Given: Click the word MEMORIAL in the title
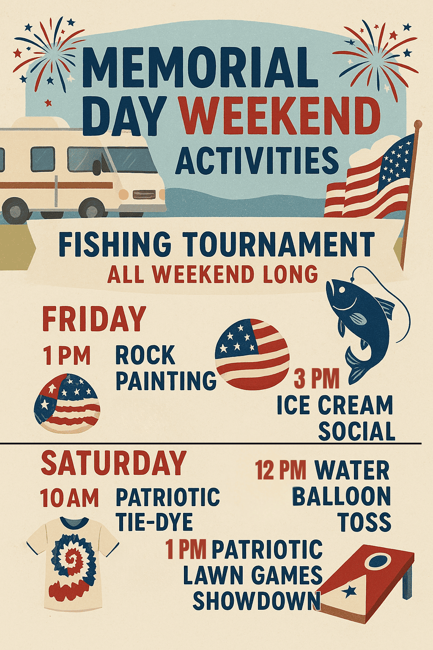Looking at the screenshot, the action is [200, 67].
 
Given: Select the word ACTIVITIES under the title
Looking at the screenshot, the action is [257, 160].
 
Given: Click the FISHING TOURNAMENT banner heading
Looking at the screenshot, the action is [216, 244].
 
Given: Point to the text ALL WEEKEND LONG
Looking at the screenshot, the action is [213, 274].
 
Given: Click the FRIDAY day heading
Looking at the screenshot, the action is [94, 319].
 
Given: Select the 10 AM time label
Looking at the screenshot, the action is [69, 498].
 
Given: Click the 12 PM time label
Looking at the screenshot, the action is [280, 469].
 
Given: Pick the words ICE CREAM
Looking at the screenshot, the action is [334, 405].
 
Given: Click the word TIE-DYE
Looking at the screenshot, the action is [154, 521].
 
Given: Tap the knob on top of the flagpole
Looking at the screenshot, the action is [418, 124].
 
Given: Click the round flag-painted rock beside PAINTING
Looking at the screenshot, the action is [252, 354].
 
